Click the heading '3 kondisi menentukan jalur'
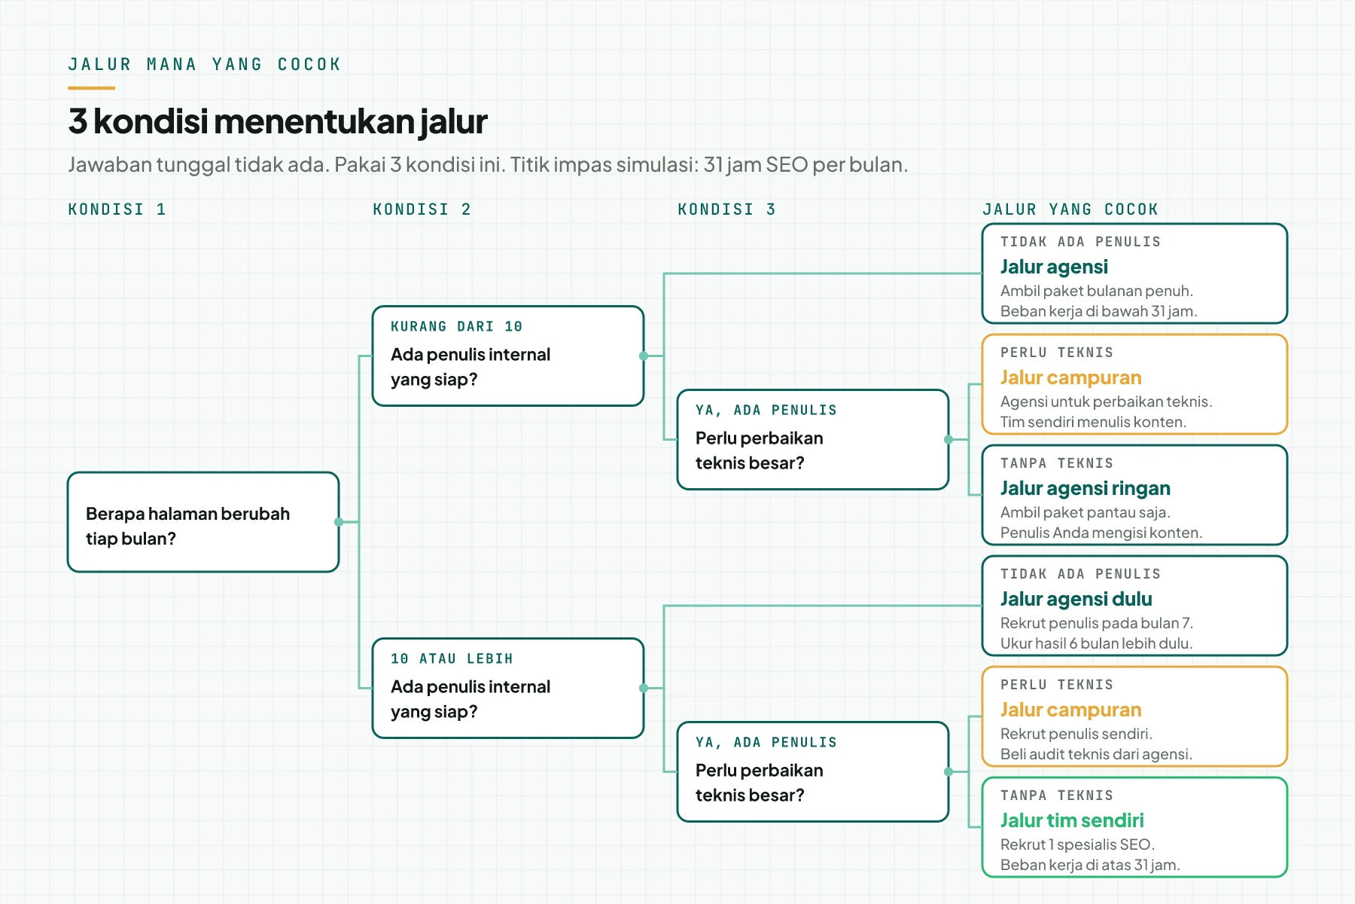[x=278, y=121]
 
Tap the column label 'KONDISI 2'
[x=422, y=209]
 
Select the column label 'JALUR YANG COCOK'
[x=1070, y=209]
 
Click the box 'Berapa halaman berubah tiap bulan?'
[x=203, y=522]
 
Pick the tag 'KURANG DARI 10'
[x=456, y=326]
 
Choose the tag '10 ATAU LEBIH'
[x=452, y=658]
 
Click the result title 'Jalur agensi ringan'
[x=1085, y=488]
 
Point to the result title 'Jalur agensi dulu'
[x=1076, y=599]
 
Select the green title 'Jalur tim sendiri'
[x=1072, y=820]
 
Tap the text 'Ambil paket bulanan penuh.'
[x=1096, y=291]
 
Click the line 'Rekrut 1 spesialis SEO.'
[x=1077, y=844]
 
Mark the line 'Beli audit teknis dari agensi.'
[x=1096, y=754]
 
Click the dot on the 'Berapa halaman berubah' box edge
[x=339, y=522]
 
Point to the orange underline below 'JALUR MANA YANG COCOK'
[x=91, y=88]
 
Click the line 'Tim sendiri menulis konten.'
[x=1093, y=422]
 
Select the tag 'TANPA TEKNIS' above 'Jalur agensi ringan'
[x=1056, y=463]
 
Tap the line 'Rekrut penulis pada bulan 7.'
[x=1096, y=623]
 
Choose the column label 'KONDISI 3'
[x=726, y=209]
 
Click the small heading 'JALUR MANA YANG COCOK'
[x=204, y=65]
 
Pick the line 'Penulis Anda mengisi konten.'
[x=1101, y=533]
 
